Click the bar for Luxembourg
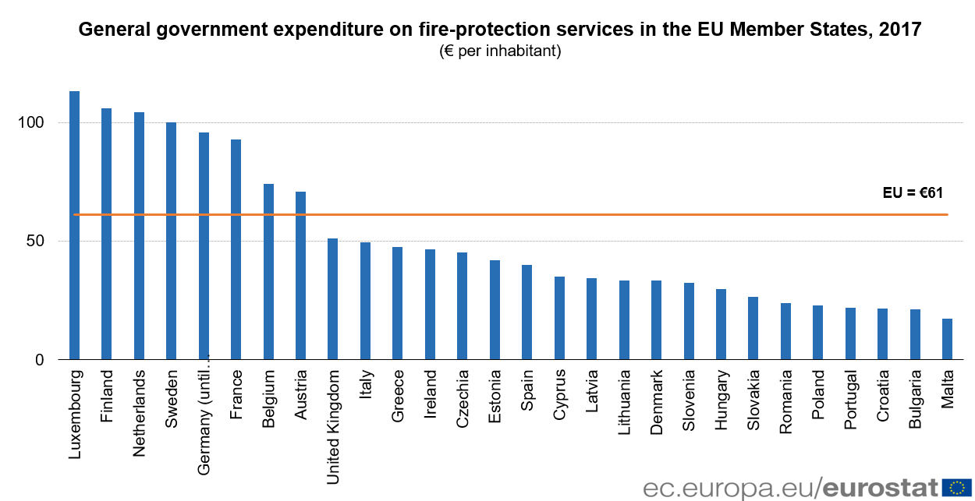[74, 225]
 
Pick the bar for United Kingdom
[332, 299]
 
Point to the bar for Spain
[526, 312]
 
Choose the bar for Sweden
[171, 241]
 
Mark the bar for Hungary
[721, 324]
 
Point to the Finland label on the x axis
[107, 397]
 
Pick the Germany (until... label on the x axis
[204, 424]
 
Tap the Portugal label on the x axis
[850, 400]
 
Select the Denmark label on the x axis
[656, 402]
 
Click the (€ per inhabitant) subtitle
[500, 51]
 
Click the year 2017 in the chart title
[900, 30]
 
